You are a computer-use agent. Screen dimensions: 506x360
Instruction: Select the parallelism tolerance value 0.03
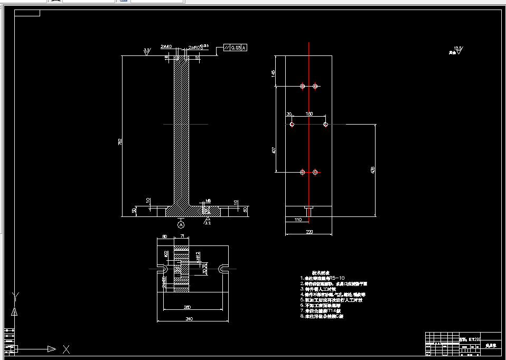236,48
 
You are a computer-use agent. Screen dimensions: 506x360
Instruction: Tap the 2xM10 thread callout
166,46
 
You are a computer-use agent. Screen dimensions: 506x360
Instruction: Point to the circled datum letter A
181,224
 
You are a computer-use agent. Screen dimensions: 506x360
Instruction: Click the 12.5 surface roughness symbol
457,50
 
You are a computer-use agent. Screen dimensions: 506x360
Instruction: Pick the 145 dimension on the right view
274,73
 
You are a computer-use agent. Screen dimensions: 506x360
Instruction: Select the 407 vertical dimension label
274,150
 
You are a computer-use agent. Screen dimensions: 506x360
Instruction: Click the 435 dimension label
373,170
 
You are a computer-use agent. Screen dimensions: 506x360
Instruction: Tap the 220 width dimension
309,231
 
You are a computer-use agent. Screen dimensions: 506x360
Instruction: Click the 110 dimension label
297,219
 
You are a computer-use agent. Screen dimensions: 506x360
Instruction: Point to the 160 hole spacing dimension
309,114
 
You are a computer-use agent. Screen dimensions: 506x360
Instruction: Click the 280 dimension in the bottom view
187,307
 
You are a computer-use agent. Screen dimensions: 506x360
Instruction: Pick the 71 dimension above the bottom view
182,236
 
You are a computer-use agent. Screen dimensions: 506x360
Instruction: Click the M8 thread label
208,201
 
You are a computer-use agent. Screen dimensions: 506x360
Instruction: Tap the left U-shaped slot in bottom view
162,269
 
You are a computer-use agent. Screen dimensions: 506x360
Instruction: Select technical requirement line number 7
322,311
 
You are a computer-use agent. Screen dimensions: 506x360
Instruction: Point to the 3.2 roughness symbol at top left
147,51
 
